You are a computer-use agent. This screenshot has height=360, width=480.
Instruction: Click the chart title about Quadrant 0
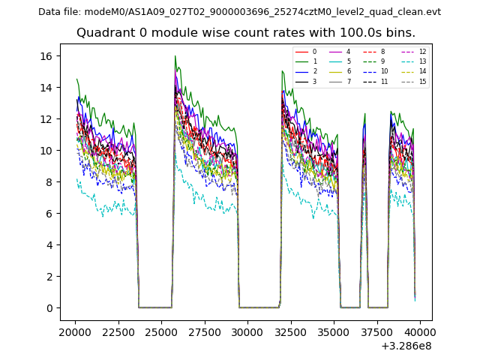pyautogui.click(x=245, y=33)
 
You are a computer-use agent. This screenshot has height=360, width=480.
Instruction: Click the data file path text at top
pyautogui.click(x=239, y=12)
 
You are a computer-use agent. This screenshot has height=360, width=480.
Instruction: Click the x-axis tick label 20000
pyautogui.click(x=75, y=331)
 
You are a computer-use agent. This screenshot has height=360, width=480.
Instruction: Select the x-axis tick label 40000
pyautogui.click(x=420, y=331)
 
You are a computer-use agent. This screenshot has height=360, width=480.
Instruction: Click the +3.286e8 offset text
pyautogui.click(x=406, y=346)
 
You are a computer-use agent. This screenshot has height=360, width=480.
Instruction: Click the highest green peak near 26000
pyautogui.click(x=175, y=56)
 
